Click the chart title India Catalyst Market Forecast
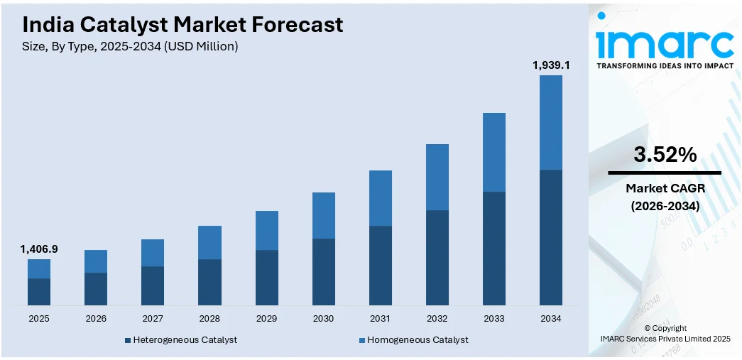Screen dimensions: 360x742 click(182, 25)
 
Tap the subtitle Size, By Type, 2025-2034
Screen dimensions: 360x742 click(130, 47)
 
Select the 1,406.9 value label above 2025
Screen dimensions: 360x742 click(39, 249)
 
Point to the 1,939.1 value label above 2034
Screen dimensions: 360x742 click(551, 65)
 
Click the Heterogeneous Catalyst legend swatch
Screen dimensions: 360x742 click(128, 340)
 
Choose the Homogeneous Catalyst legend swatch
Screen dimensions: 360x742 click(362, 340)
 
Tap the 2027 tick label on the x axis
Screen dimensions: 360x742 click(153, 319)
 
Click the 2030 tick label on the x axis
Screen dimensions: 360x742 click(323, 319)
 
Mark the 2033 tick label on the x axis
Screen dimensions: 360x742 click(494, 319)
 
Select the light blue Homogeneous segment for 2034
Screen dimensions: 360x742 click(551, 122)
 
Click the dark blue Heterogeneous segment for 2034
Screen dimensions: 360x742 click(551, 237)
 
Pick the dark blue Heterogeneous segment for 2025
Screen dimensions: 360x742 click(39, 292)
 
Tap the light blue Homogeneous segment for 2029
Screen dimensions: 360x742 click(266, 230)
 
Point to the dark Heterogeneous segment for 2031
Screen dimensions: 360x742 click(381, 266)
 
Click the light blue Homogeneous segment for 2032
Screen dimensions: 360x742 click(437, 177)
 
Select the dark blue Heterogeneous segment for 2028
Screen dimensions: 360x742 click(209, 282)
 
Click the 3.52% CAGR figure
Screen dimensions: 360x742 click(665, 156)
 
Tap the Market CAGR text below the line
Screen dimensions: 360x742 click(665, 188)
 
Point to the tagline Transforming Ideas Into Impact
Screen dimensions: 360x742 click(665, 65)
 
